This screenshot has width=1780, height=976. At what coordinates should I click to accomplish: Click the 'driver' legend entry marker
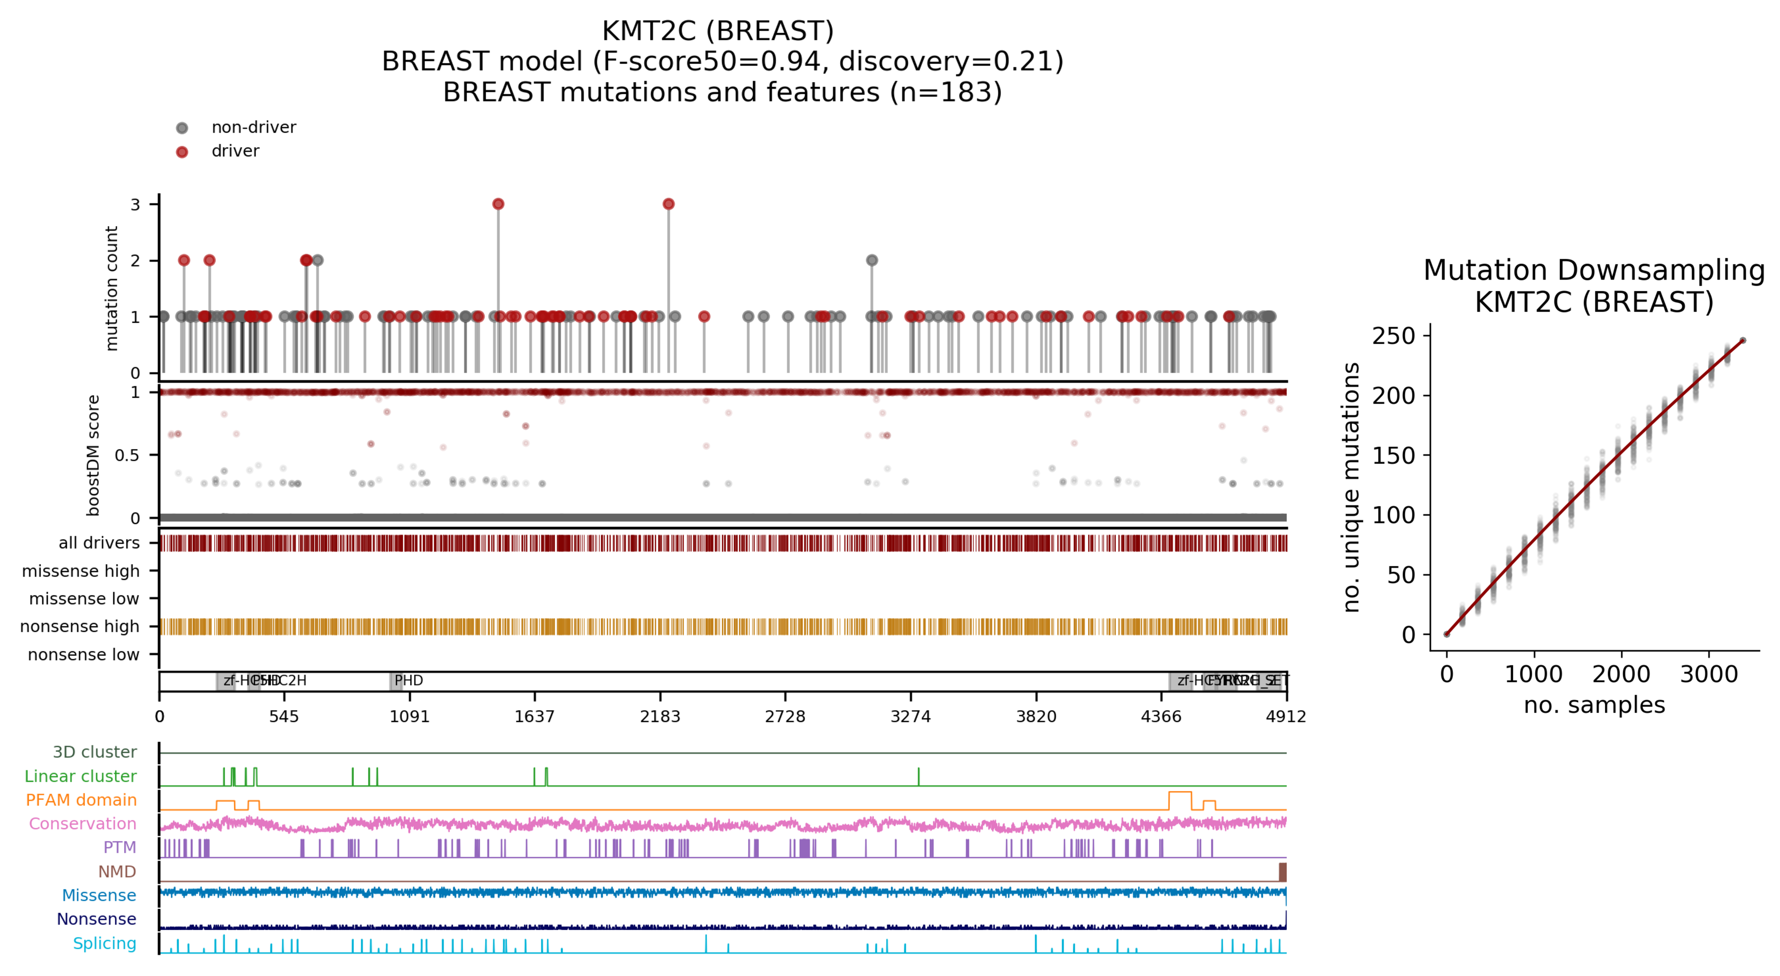pyautogui.click(x=182, y=152)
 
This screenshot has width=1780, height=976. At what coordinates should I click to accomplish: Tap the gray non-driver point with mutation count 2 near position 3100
pyautogui.click(x=872, y=261)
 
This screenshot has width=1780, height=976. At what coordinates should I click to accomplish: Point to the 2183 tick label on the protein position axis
pyautogui.click(x=660, y=716)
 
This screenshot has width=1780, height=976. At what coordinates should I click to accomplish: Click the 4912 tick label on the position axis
pyautogui.click(x=1285, y=716)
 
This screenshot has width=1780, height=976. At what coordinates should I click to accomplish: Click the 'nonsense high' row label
pyautogui.click(x=80, y=626)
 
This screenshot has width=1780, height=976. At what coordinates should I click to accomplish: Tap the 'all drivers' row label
pyautogui.click(x=99, y=543)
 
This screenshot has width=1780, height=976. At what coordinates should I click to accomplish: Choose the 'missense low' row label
pyautogui.click(x=83, y=598)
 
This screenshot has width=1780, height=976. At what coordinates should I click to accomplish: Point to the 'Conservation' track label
pyautogui.click(x=82, y=823)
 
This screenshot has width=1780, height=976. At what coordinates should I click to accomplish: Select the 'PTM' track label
pyautogui.click(x=120, y=847)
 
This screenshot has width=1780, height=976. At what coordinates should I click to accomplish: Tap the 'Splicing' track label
pyautogui.click(x=104, y=943)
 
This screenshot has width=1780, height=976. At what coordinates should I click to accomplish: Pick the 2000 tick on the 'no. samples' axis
pyautogui.click(x=1621, y=674)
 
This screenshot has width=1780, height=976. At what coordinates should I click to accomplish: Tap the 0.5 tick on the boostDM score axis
pyautogui.click(x=127, y=455)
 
